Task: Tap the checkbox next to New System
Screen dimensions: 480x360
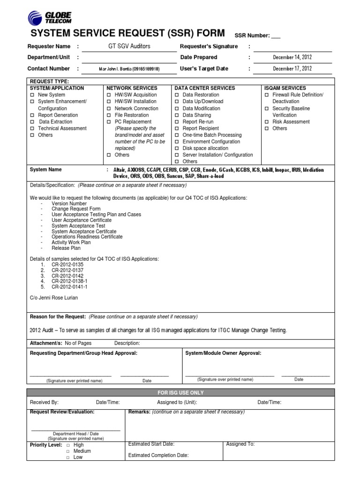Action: [x=32, y=95]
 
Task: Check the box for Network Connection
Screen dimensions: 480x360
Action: [x=109, y=108]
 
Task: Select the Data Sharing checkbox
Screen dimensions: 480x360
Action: [x=177, y=115]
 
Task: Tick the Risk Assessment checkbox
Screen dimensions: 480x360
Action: [x=267, y=121]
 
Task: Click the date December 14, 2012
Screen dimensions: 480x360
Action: [x=292, y=57]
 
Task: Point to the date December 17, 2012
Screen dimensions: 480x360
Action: [x=292, y=68]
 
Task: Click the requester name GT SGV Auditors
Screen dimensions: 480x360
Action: [x=129, y=46]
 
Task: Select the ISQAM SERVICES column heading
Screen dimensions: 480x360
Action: [x=285, y=88]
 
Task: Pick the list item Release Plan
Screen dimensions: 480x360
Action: [x=66, y=248]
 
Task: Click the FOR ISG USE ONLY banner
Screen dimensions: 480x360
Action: [x=180, y=392]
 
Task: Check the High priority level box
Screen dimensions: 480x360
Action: [x=68, y=445]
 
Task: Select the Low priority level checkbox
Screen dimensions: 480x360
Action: [x=68, y=457]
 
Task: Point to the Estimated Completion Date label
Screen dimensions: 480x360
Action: [x=158, y=455]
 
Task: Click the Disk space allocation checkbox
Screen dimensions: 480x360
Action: [x=177, y=148]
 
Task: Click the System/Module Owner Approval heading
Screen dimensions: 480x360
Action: [x=223, y=353]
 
